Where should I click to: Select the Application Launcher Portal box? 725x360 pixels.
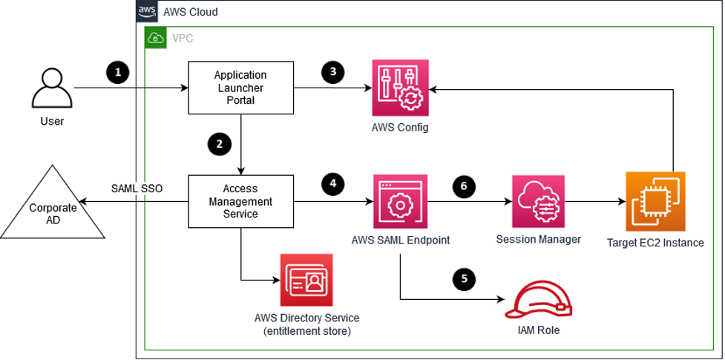[240, 88]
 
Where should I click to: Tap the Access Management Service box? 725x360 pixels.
[240, 202]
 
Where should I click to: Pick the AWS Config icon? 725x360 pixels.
[400, 88]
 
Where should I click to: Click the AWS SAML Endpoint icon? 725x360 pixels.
[400, 202]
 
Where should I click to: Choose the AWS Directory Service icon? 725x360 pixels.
[306, 281]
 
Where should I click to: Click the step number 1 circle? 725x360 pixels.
[117, 72]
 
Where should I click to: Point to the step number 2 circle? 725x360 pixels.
[218, 144]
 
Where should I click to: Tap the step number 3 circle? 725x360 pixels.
[333, 72]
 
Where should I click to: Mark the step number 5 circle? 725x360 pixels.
[464, 279]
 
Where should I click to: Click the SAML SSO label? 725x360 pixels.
[137, 189]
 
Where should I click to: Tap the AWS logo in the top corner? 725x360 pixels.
[146, 12]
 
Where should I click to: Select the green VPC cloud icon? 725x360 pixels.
[156, 38]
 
